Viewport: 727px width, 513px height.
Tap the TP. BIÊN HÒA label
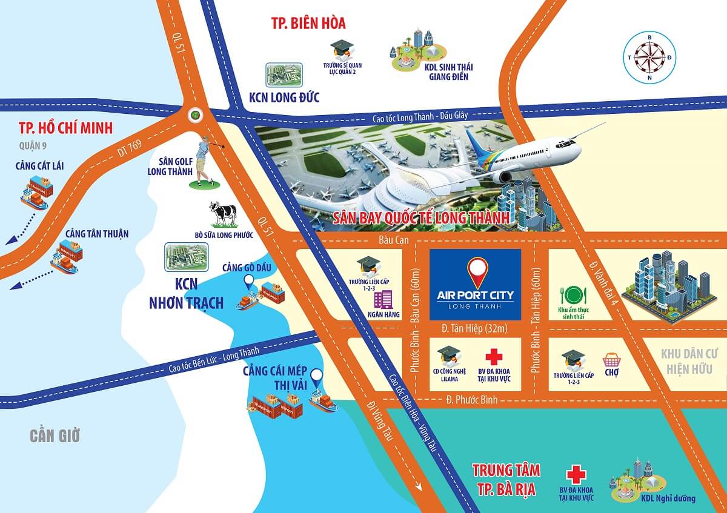(308, 24)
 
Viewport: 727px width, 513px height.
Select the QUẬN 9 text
(33, 145)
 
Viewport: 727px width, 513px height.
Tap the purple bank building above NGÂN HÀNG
(383, 299)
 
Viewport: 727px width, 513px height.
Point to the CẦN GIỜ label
(55, 435)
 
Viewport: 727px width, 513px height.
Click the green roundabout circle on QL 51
(195, 113)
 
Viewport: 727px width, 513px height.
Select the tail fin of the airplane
(476, 144)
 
